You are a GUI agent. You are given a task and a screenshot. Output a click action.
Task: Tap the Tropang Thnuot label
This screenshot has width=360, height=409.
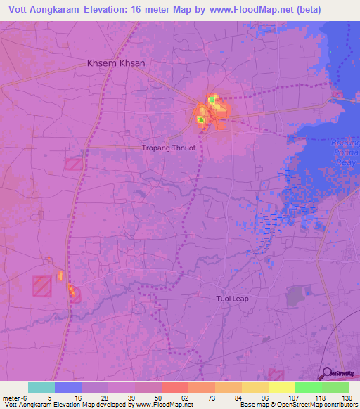(x=169, y=148)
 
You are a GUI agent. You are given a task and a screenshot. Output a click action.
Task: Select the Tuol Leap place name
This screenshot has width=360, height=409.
(x=232, y=299)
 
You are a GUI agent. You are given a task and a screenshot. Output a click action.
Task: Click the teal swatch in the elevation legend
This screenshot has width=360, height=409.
(x=41, y=387)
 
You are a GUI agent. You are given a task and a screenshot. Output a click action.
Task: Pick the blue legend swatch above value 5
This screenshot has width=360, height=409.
(x=68, y=387)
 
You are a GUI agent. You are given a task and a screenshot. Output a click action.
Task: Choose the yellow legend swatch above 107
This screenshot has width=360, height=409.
(x=281, y=387)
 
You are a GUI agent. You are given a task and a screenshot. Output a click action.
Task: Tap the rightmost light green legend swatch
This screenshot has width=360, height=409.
(x=335, y=387)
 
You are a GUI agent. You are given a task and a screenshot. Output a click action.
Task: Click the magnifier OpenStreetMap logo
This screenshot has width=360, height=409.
(x=327, y=373)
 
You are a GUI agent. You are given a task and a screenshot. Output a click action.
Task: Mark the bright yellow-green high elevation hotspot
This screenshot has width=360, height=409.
(x=212, y=101)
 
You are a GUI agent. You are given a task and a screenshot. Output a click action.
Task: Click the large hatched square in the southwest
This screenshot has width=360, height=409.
(x=41, y=285)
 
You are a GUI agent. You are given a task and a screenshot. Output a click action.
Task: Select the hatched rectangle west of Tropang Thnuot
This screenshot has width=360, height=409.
(x=73, y=164)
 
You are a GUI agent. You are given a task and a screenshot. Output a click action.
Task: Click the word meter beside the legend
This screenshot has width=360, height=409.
(x=11, y=397)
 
